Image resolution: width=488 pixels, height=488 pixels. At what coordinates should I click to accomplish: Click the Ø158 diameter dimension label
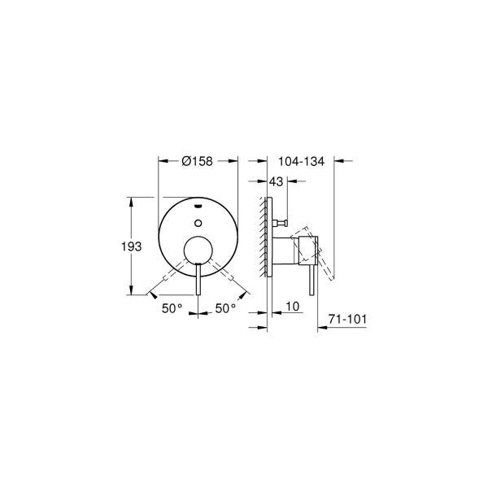click(198, 162)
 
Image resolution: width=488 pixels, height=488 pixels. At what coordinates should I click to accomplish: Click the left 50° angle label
click(172, 308)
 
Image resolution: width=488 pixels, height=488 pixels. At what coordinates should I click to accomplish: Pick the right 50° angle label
click(225, 308)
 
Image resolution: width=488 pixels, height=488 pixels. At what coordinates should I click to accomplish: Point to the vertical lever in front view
click(198, 281)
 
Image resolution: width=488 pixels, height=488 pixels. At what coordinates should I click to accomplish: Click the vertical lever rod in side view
click(309, 281)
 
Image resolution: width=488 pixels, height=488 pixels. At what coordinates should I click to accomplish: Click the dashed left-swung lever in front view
click(171, 277)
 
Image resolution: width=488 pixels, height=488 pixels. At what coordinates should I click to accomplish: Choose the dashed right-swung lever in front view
click(224, 277)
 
